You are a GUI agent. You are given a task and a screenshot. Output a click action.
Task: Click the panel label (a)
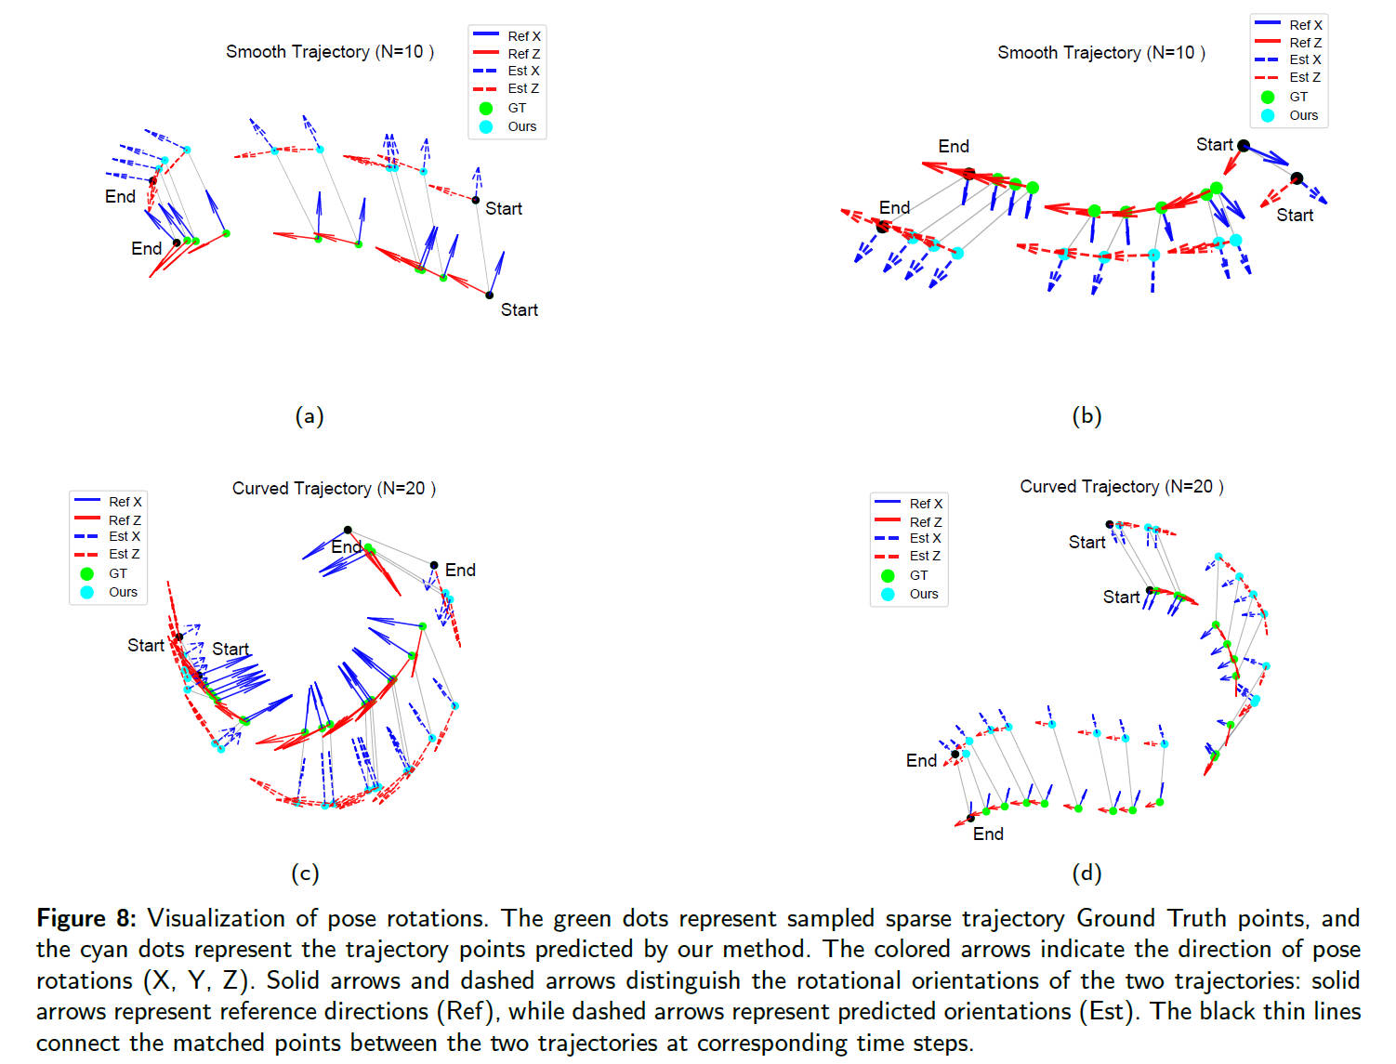pyautogui.click(x=309, y=415)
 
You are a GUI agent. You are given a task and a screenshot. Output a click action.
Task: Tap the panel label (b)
pyautogui.click(x=1087, y=415)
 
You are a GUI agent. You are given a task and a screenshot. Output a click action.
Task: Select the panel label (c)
pyautogui.click(x=305, y=873)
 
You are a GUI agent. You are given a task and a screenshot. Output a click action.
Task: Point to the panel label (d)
pyautogui.click(x=1087, y=873)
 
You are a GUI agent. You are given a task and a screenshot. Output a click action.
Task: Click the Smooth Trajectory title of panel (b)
pyautogui.click(x=1101, y=53)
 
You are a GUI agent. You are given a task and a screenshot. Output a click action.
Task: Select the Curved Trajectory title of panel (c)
pyautogui.click(x=334, y=489)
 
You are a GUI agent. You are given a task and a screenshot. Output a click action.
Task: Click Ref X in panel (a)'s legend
pyautogui.click(x=523, y=36)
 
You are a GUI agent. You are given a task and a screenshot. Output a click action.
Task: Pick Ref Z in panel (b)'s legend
pyautogui.click(x=1305, y=43)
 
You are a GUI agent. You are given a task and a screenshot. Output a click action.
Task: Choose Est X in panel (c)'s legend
pyautogui.click(x=124, y=536)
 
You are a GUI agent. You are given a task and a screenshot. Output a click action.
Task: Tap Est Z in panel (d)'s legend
pyautogui.click(x=925, y=556)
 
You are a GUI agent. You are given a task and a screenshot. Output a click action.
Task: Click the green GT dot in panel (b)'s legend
pyautogui.click(x=1268, y=97)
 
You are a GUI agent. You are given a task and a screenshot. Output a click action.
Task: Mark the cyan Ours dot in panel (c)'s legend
pyautogui.click(x=87, y=592)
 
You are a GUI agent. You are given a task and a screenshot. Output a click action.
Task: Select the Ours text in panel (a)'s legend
pyautogui.click(x=521, y=126)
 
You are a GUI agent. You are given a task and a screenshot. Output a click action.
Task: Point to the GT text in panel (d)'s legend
pyautogui.click(x=918, y=575)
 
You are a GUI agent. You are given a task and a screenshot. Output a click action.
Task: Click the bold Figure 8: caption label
pyautogui.click(x=86, y=918)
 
